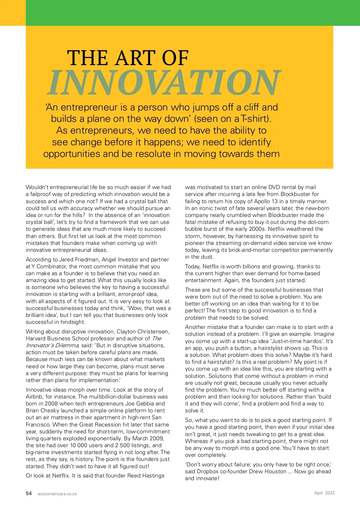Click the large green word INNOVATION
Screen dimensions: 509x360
tap(164, 83)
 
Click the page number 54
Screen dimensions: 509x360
tap(29, 493)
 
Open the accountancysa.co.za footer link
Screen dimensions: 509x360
tap(57, 494)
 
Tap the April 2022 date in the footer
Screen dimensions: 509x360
tap(324, 493)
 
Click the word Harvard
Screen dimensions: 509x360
tap(37, 339)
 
